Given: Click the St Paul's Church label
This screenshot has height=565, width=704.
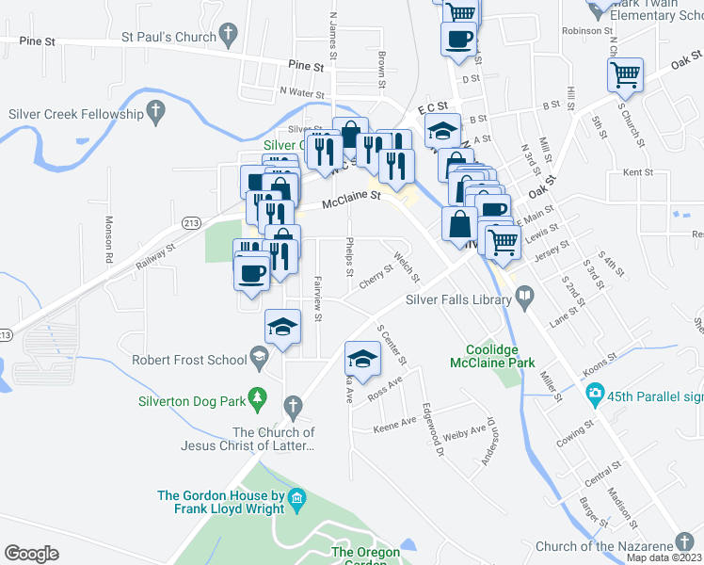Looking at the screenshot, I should click(168, 37).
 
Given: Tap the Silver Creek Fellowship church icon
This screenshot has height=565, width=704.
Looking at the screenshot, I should click(156, 113).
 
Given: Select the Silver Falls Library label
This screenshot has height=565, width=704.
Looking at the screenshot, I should click(458, 300).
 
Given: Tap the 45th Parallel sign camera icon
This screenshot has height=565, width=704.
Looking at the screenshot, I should click(595, 393).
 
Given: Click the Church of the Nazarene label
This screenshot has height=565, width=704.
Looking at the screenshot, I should click(604, 546).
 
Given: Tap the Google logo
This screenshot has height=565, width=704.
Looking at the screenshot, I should click(31, 554).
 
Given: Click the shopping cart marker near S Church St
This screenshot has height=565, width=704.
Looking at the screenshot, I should click(626, 74).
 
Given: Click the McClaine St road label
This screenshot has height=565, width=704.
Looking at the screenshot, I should click(350, 200).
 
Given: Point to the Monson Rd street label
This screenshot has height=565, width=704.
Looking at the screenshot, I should click(109, 238).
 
